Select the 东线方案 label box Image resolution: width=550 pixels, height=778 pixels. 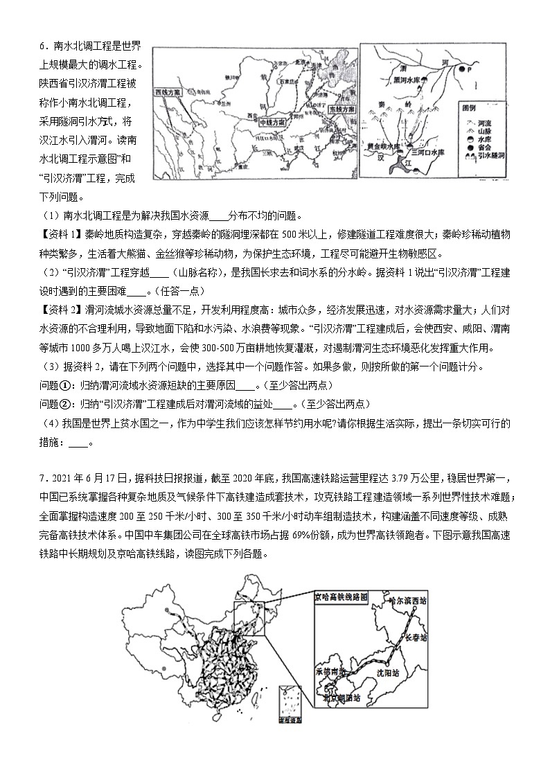pyautogui.click(x=341, y=109)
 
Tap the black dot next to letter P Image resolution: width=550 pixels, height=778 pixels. pyautogui.click(x=467, y=70)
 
